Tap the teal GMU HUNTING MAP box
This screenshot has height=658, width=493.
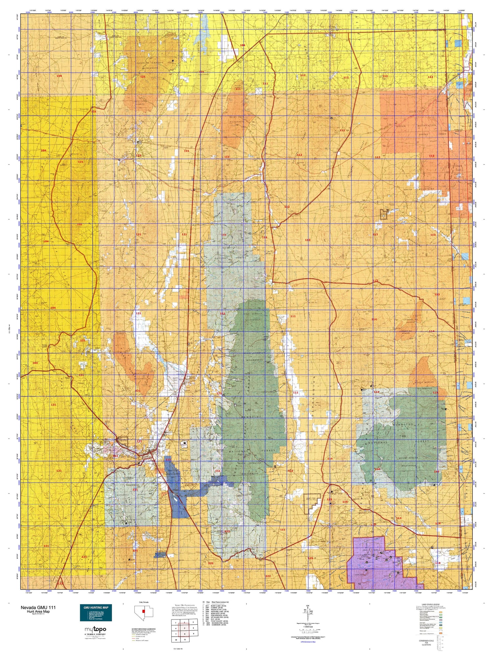[x=96, y=613]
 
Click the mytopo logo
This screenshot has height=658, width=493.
[x=95, y=629]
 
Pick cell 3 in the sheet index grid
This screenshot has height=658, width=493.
[x=193, y=622]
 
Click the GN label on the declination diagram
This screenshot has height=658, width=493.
[x=308, y=606]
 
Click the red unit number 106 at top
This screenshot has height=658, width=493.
[x=243, y=45]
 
